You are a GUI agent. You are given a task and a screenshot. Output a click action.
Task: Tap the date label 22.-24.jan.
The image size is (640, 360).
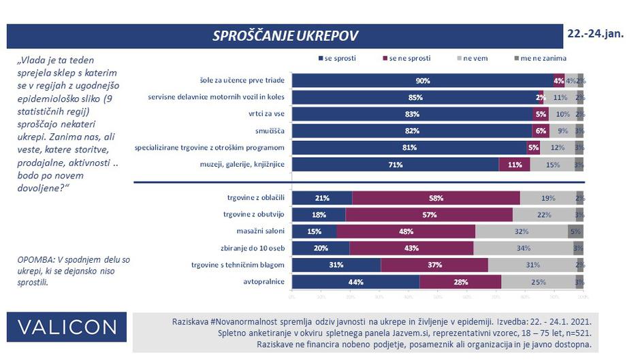point(595,33)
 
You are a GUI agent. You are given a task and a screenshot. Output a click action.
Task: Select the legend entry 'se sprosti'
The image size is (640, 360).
point(338,59)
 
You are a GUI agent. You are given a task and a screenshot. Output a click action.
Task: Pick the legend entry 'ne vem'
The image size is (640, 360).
point(475,59)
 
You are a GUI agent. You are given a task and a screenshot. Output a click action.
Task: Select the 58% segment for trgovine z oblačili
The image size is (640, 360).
point(436,198)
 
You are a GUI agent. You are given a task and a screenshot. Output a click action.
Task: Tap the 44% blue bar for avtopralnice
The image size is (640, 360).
point(355,282)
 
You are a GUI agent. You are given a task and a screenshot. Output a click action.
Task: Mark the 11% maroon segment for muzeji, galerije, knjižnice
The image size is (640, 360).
point(514,164)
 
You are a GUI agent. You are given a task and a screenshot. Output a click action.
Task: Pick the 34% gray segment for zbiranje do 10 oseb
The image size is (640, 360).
point(523,248)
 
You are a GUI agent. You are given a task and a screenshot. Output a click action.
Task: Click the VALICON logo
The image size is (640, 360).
point(67,327)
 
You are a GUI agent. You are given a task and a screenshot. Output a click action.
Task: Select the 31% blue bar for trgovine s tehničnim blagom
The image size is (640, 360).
point(336,265)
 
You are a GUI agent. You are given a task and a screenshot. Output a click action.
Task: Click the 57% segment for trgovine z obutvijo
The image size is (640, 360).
point(429,215)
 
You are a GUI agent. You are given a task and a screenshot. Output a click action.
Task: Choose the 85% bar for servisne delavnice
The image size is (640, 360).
point(415,97)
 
